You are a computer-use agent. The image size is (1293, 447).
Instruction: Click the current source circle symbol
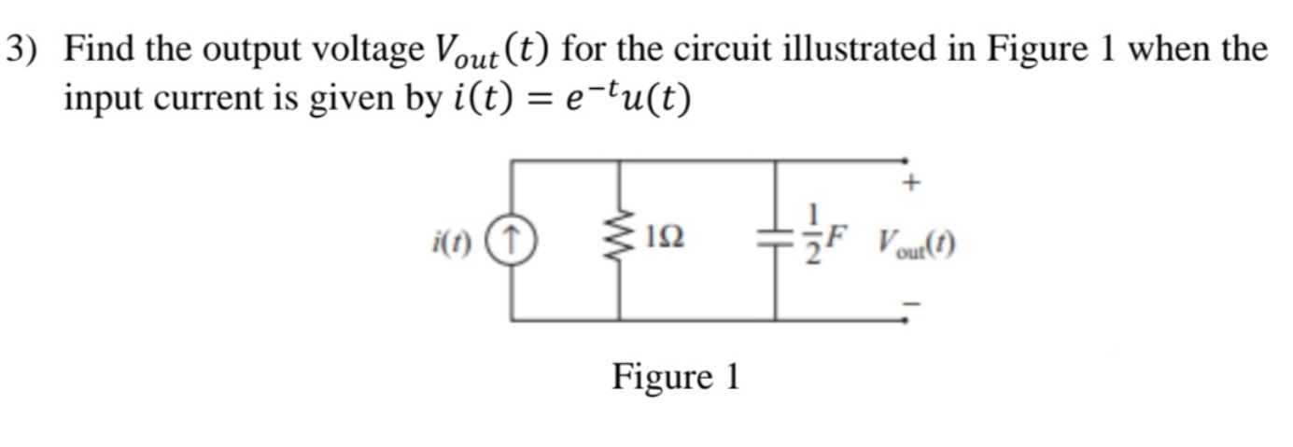513,241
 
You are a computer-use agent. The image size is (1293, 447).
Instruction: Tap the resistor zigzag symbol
619,241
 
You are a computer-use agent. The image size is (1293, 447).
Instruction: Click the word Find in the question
96,49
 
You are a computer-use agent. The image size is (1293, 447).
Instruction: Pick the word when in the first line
1173,49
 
